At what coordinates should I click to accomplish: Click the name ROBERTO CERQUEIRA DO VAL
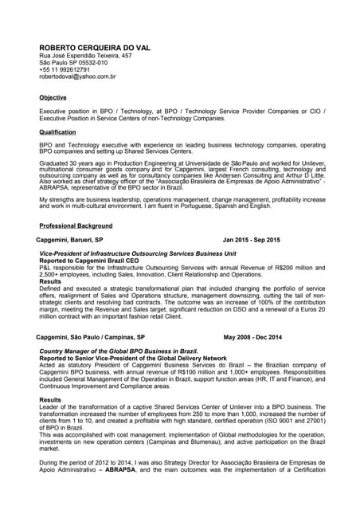(x=95, y=48)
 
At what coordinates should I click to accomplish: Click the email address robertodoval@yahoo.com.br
(x=78, y=77)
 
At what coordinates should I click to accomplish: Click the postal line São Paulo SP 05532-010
(x=73, y=63)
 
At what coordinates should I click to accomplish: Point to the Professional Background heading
(x=76, y=226)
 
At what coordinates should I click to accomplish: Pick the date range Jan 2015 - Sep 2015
(x=252, y=240)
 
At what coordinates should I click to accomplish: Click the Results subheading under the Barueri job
(x=50, y=281)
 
